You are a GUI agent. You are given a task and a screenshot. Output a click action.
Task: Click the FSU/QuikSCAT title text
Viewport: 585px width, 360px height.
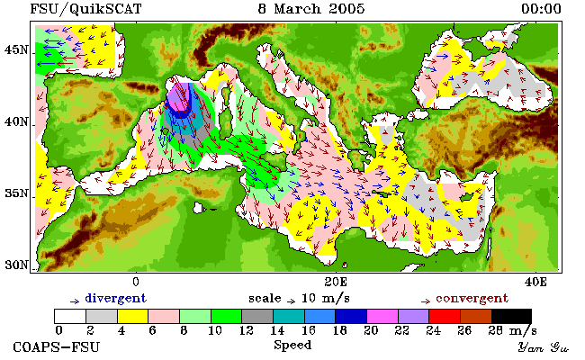click(x=85, y=9)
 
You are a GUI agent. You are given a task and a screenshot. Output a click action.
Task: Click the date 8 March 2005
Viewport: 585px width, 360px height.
click(x=311, y=9)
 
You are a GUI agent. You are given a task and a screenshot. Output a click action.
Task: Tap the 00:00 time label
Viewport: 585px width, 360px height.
click(x=541, y=9)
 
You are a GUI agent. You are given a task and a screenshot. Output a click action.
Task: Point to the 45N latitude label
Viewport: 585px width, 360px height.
click(x=16, y=49)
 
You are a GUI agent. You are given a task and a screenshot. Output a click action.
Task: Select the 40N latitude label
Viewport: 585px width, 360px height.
click(x=16, y=121)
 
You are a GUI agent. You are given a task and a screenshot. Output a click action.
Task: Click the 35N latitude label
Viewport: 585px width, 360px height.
click(x=16, y=193)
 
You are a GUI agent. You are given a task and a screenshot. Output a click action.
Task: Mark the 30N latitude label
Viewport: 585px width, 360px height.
click(x=16, y=265)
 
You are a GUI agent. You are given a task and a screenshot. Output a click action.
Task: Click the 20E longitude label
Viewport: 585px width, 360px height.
click(x=336, y=282)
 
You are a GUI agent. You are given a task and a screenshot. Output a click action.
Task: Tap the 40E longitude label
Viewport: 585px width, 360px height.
click(x=535, y=282)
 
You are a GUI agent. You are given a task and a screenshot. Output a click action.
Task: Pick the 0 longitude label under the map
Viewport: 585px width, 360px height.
click(x=136, y=282)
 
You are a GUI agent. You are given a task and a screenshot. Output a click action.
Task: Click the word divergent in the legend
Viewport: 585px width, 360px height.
click(x=116, y=299)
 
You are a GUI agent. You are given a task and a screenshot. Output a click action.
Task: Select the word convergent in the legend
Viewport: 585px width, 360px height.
click(x=472, y=299)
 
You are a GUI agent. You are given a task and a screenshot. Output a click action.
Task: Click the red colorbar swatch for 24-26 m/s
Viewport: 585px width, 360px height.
click(x=445, y=316)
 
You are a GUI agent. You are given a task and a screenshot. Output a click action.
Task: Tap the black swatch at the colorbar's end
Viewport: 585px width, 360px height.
click(x=511, y=316)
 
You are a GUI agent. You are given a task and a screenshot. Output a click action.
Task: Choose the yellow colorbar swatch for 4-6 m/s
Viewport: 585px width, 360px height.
click(x=133, y=316)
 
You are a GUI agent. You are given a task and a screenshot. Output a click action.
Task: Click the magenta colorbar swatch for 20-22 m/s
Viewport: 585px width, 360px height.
click(x=382, y=316)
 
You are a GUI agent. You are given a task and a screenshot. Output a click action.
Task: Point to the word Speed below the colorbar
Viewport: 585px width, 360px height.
click(x=292, y=346)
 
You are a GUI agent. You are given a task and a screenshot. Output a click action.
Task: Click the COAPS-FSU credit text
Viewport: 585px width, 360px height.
click(x=57, y=346)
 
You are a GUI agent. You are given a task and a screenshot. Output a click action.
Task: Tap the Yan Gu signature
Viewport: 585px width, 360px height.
click(x=543, y=347)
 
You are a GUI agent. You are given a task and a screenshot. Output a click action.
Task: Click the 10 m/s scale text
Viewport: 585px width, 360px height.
click(x=325, y=299)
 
